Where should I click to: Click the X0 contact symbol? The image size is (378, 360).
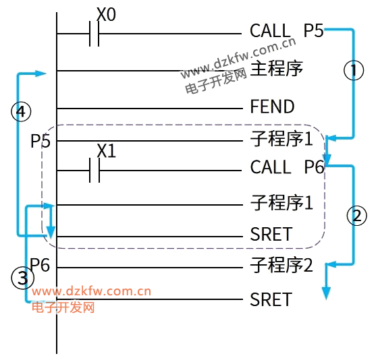pyautogui.click(x=94, y=34)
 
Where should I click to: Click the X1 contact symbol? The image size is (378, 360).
pyautogui.click(x=94, y=171)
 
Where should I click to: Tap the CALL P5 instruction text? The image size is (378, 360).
pyautogui.click(x=287, y=30)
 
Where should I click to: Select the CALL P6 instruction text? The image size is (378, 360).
pyautogui.click(x=288, y=167)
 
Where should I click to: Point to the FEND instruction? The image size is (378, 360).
pyautogui.click(x=272, y=107)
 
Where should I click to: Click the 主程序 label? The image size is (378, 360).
pyautogui.click(x=277, y=68)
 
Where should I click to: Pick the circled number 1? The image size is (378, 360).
pyautogui.click(x=354, y=70)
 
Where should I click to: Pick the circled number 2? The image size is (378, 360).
pyautogui.click(x=357, y=216)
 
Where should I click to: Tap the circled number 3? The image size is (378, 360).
pyautogui.click(x=23, y=278)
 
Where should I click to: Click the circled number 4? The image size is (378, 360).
pyautogui.click(x=21, y=112)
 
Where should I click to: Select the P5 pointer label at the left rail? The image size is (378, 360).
pyautogui.click(x=40, y=141)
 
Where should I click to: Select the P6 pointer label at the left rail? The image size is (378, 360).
pyautogui.click(x=40, y=265)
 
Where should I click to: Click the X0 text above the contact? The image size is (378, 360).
pyautogui.click(x=106, y=14)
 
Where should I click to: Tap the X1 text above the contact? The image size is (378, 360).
pyautogui.click(x=107, y=151)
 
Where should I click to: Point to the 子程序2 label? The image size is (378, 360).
pyautogui.click(x=281, y=265)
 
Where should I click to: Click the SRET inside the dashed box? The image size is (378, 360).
pyautogui.click(x=271, y=234)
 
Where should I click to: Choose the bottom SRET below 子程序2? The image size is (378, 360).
pyautogui.click(x=271, y=299)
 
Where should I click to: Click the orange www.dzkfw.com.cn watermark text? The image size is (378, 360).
pyautogui.click(x=91, y=291)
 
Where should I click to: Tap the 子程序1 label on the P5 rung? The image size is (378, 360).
pyautogui.click(x=281, y=138)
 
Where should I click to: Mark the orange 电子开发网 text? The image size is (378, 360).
pyautogui.click(x=63, y=307)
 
